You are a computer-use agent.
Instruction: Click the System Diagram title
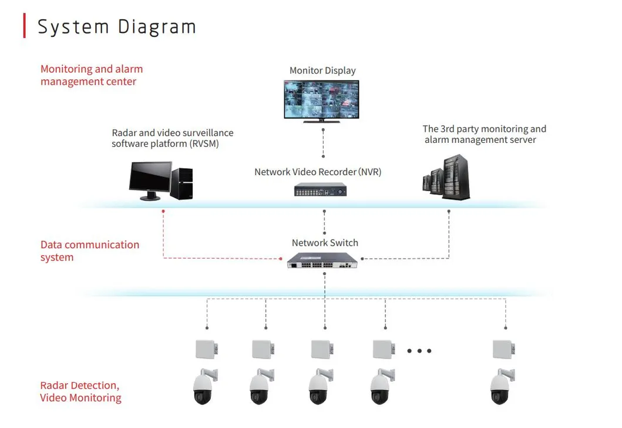116,26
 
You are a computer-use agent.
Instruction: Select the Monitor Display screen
321,100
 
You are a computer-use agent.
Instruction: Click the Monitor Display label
322,71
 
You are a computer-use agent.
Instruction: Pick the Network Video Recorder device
320,190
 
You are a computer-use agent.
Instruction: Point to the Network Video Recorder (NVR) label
318,172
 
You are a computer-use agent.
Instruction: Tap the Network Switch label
325,243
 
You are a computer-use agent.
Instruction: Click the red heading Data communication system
89,251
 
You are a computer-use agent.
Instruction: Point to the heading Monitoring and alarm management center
91,75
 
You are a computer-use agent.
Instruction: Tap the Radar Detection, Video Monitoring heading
80,392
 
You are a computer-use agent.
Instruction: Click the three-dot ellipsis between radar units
419,351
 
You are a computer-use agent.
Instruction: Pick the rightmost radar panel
503,349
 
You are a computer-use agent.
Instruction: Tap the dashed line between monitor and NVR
323,141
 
